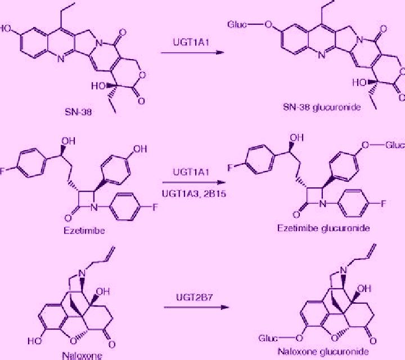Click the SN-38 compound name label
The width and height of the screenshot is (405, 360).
(x=78, y=112)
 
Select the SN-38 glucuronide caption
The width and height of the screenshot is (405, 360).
(x=322, y=107)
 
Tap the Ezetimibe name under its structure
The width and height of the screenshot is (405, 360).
(x=84, y=231)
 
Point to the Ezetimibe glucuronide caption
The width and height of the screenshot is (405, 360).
(x=323, y=228)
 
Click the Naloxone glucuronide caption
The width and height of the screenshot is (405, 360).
(x=323, y=352)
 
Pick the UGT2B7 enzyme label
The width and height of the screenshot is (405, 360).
(x=194, y=298)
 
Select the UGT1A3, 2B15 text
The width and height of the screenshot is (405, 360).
(x=193, y=193)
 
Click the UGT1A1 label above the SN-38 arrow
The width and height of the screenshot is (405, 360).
(x=191, y=42)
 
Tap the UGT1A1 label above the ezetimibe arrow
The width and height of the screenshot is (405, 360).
(x=191, y=172)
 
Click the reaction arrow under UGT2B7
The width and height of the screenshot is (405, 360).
(x=196, y=307)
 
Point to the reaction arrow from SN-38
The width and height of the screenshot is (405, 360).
(x=192, y=53)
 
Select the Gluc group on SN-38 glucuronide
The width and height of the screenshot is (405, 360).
(x=237, y=25)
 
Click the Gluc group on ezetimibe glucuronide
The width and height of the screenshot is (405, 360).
(x=395, y=145)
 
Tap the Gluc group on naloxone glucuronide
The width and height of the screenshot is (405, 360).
(x=268, y=338)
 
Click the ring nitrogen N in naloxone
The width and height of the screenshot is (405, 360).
(x=82, y=273)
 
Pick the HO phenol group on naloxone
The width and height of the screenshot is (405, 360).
(x=35, y=341)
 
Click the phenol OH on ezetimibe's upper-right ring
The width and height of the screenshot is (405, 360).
(x=140, y=149)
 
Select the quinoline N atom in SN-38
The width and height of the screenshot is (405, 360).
(x=61, y=59)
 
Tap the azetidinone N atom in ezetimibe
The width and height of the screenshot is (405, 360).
(x=94, y=208)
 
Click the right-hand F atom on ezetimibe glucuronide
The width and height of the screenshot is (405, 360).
(x=383, y=204)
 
